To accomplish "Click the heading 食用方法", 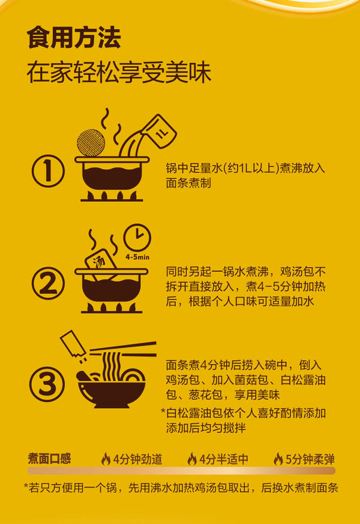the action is click(x=74, y=37).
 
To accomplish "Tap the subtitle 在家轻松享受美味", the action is click(x=119, y=72).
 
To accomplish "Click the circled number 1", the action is click(x=48, y=170).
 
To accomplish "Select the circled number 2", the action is click(x=48, y=283).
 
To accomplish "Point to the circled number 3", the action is click(x=47, y=384).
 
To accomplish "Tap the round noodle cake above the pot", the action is click(x=91, y=142).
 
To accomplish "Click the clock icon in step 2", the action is click(x=137, y=238).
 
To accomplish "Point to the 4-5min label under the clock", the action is click(x=137, y=257).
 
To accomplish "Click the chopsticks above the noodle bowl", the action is click(x=123, y=349).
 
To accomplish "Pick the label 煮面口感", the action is click(x=49, y=459).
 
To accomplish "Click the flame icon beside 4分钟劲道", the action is click(x=106, y=459).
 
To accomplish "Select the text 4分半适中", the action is click(x=224, y=459).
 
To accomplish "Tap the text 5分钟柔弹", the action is click(x=310, y=459).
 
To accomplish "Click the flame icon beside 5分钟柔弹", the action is click(x=278, y=459).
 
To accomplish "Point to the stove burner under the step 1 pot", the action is click(x=112, y=196).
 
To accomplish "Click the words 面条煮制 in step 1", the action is click(x=188, y=183).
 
